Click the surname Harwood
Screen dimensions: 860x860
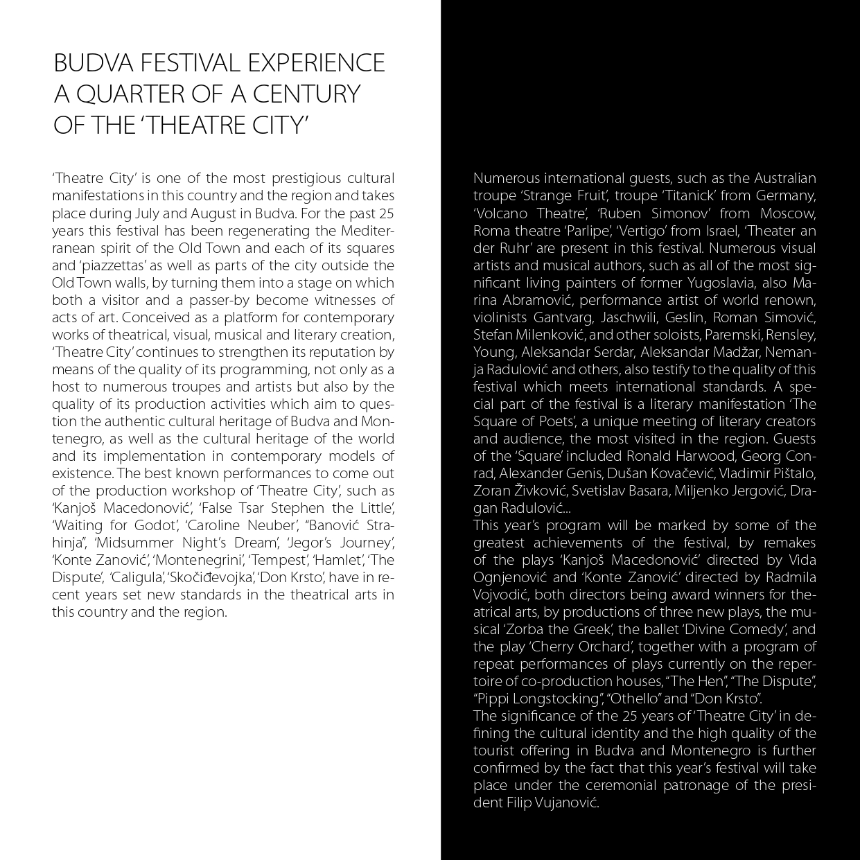[x=705, y=456]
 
